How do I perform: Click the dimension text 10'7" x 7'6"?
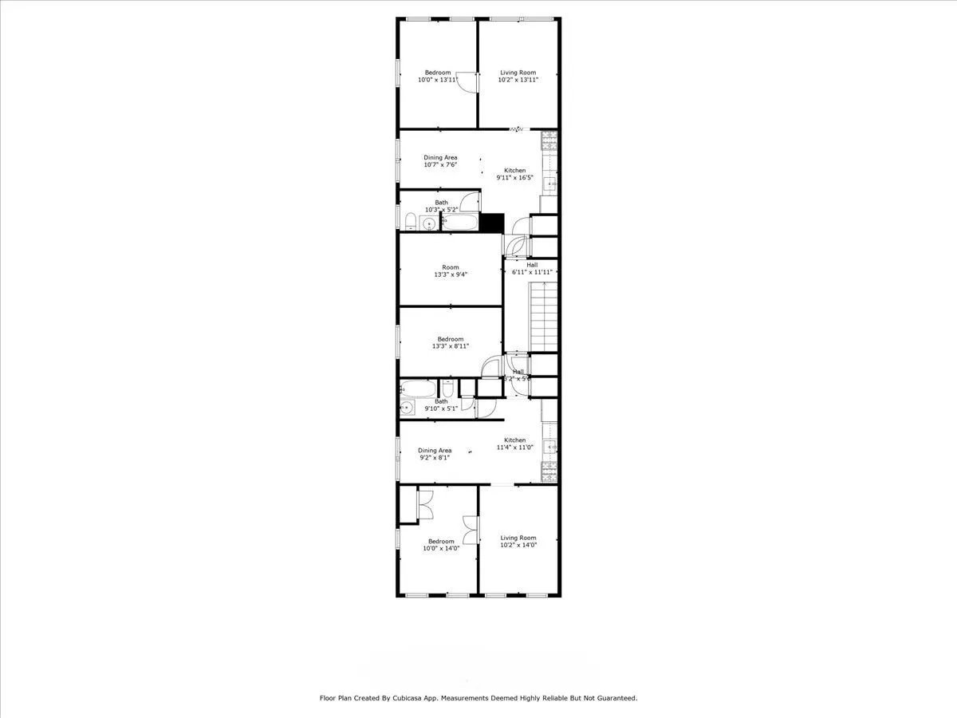tap(440, 165)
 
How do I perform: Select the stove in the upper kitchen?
tap(549, 141)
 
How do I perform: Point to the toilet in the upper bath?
tap(410, 223)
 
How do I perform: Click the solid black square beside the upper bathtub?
tap(492, 223)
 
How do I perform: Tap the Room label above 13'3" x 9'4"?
tap(451, 267)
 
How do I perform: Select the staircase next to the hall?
tap(543, 318)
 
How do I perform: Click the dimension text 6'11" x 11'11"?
tap(532, 272)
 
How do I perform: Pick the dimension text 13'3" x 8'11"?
tap(451, 346)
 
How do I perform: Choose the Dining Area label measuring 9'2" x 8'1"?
tap(435, 450)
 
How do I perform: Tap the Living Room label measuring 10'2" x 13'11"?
tap(518, 73)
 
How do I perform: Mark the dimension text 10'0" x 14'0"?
tap(439, 549)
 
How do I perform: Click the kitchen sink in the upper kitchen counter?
tap(549, 183)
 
